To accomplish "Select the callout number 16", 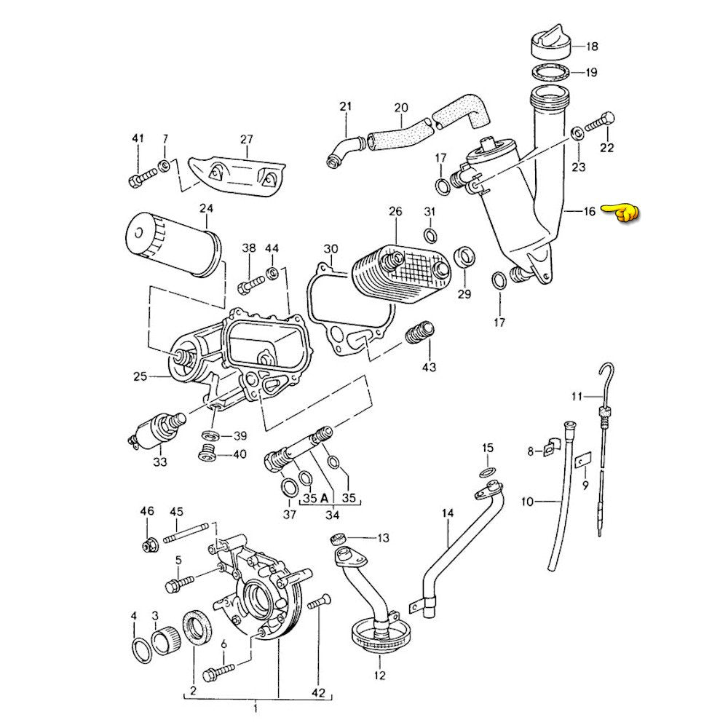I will pyautogui.click(x=590, y=212).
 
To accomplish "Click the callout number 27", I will pyautogui.click(x=246, y=139).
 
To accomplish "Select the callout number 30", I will pyautogui.click(x=331, y=249).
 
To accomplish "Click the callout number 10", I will pyautogui.click(x=528, y=502).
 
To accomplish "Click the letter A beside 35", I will pyautogui.click(x=323, y=499).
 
